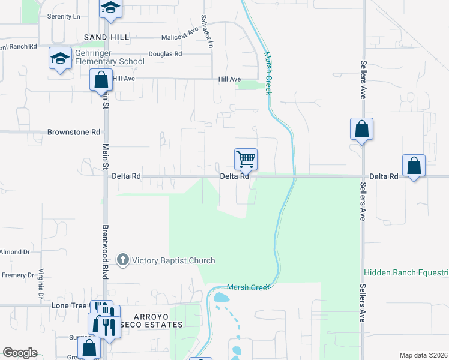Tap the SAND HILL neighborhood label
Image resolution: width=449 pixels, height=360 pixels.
[106, 37]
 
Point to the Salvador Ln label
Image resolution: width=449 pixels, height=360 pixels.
[207, 31]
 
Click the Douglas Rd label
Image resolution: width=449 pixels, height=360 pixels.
[165, 54]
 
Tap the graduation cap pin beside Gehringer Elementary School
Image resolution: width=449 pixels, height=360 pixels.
[60, 59]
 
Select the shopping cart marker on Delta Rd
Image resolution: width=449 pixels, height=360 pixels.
[246, 160]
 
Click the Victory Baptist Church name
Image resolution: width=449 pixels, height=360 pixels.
[173, 260]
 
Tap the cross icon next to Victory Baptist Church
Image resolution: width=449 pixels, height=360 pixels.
[123, 260]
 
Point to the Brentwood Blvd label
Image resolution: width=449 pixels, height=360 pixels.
[104, 252]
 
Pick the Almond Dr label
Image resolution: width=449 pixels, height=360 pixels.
[14, 252]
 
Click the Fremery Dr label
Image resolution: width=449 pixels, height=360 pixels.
[17, 275]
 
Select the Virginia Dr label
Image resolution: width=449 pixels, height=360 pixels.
[41, 284]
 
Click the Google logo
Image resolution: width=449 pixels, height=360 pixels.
[20, 353]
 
